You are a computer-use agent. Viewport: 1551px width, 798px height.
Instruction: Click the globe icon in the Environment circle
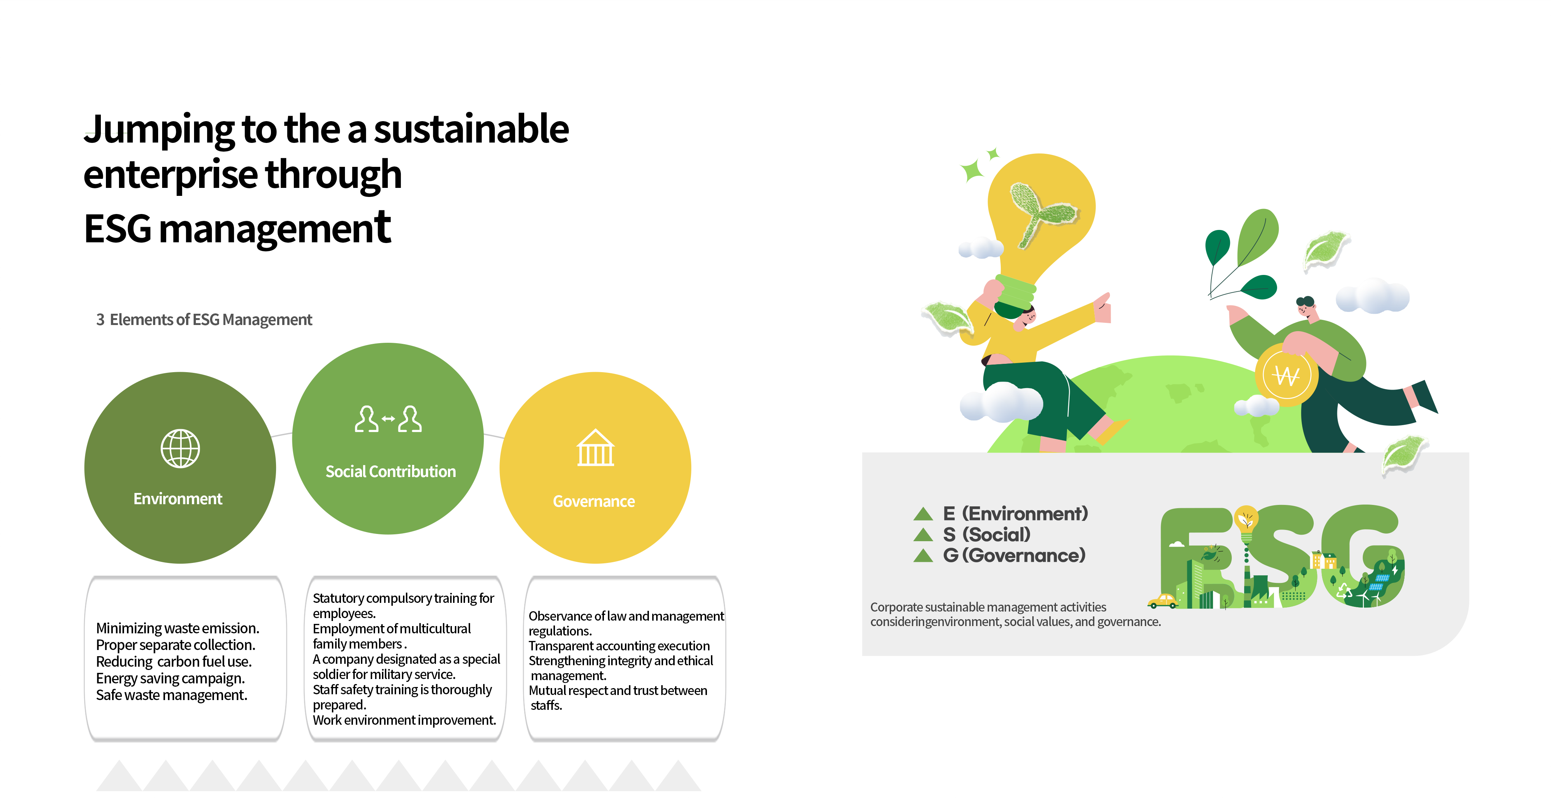[x=180, y=449]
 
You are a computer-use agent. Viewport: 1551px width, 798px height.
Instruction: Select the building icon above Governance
[x=596, y=448]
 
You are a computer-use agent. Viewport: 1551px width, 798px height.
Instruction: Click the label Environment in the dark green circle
[x=178, y=499]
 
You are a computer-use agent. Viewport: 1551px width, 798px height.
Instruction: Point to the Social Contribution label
[x=391, y=472]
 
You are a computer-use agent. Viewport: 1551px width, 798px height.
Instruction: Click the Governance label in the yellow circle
[x=594, y=501]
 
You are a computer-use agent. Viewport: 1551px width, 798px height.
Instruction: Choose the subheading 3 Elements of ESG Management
[x=204, y=320]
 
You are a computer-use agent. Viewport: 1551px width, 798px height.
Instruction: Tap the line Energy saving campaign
[x=170, y=678]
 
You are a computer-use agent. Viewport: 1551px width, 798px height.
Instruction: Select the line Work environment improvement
[x=404, y=720]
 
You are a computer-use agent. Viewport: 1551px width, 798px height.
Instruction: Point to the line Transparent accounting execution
[x=619, y=646]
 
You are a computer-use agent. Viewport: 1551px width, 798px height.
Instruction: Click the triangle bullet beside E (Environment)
[x=923, y=514]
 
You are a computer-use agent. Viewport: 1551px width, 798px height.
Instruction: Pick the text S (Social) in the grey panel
[x=987, y=534]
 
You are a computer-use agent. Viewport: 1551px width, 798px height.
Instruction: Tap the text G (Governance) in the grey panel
[x=1015, y=555]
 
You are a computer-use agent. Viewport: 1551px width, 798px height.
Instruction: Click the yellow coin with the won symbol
[x=1287, y=375]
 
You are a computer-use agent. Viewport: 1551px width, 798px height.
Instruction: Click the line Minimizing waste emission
[x=178, y=628]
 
